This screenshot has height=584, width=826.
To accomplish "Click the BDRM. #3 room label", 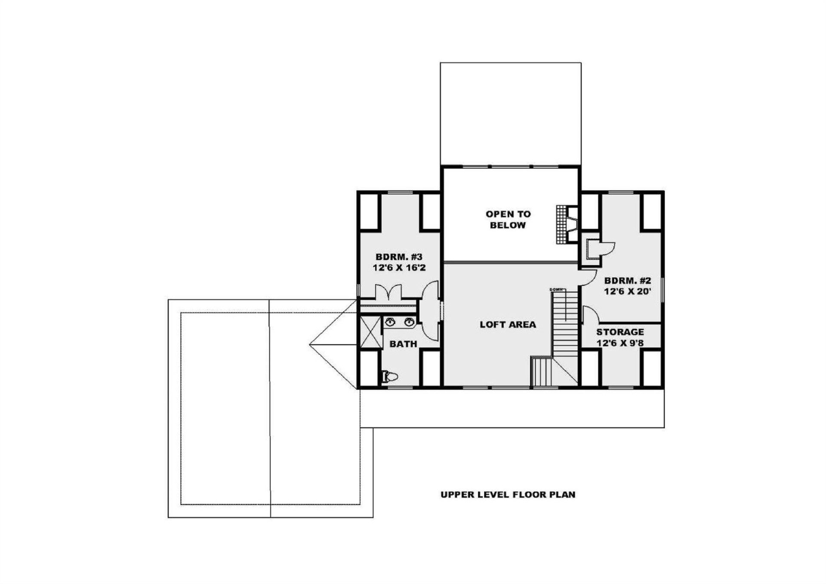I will [x=399, y=257].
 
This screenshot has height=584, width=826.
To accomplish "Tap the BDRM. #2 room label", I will [x=627, y=281].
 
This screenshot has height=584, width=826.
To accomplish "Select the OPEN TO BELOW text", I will [x=508, y=219].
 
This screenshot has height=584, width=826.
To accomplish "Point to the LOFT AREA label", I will [x=508, y=325].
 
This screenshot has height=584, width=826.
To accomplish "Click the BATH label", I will [x=403, y=344].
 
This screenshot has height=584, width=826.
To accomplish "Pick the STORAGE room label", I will [x=620, y=332].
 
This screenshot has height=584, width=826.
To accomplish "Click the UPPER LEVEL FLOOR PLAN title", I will [x=508, y=494].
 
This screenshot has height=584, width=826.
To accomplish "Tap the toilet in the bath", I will [x=390, y=377].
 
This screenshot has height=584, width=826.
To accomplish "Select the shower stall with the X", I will [x=370, y=332].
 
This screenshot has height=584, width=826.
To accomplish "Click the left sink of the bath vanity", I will [x=390, y=321].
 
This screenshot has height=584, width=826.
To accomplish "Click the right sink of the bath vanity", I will [x=409, y=321].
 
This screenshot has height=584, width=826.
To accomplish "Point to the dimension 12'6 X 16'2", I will [x=399, y=268].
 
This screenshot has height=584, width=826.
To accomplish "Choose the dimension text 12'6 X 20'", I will [x=627, y=291].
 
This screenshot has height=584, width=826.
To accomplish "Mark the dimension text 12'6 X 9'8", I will [x=620, y=343].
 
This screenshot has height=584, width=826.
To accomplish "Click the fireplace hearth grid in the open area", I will [x=561, y=224].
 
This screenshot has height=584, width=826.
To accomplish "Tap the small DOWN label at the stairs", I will [x=556, y=290].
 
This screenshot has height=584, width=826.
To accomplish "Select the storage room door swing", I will [x=590, y=313].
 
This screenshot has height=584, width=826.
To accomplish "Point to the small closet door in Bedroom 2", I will [x=608, y=249].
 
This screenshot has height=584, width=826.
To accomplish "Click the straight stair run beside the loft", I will [x=565, y=323].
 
